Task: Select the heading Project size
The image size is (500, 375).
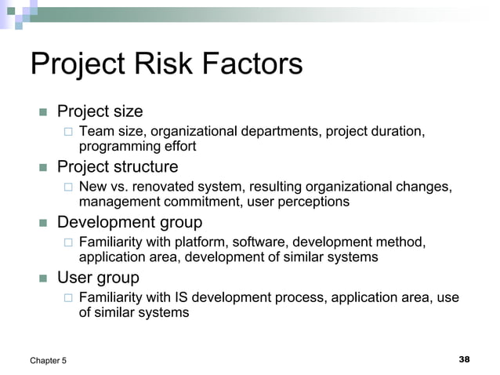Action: tap(100, 111)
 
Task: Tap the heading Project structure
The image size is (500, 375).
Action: tap(118, 167)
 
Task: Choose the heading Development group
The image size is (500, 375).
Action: tap(129, 222)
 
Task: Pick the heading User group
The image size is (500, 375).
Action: tap(98, 278)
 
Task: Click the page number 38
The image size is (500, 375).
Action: tap(464, 359)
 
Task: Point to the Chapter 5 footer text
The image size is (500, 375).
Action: tap(49, 360)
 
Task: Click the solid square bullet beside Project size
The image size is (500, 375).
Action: tap(44, 112)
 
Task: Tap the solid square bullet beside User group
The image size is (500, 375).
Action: tap(44, 279)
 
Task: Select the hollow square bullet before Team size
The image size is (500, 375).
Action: tap(68, 132)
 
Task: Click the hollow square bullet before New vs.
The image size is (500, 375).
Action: tap(68, 187)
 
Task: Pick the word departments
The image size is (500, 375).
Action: tap(276, 132)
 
